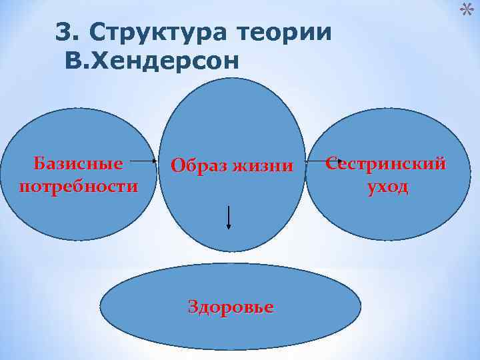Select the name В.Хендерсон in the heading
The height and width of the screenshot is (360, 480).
[151, 61]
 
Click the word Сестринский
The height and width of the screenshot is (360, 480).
[386, 165]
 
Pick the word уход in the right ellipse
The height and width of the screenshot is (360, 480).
[387, 187]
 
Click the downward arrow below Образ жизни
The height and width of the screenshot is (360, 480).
[229, 217]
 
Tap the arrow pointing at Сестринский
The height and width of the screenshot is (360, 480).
[323, 161]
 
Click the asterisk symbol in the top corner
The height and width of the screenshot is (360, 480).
[468, 9]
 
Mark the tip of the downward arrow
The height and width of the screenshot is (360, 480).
[229, 228]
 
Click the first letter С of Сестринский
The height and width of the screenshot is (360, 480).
[332, 165]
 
